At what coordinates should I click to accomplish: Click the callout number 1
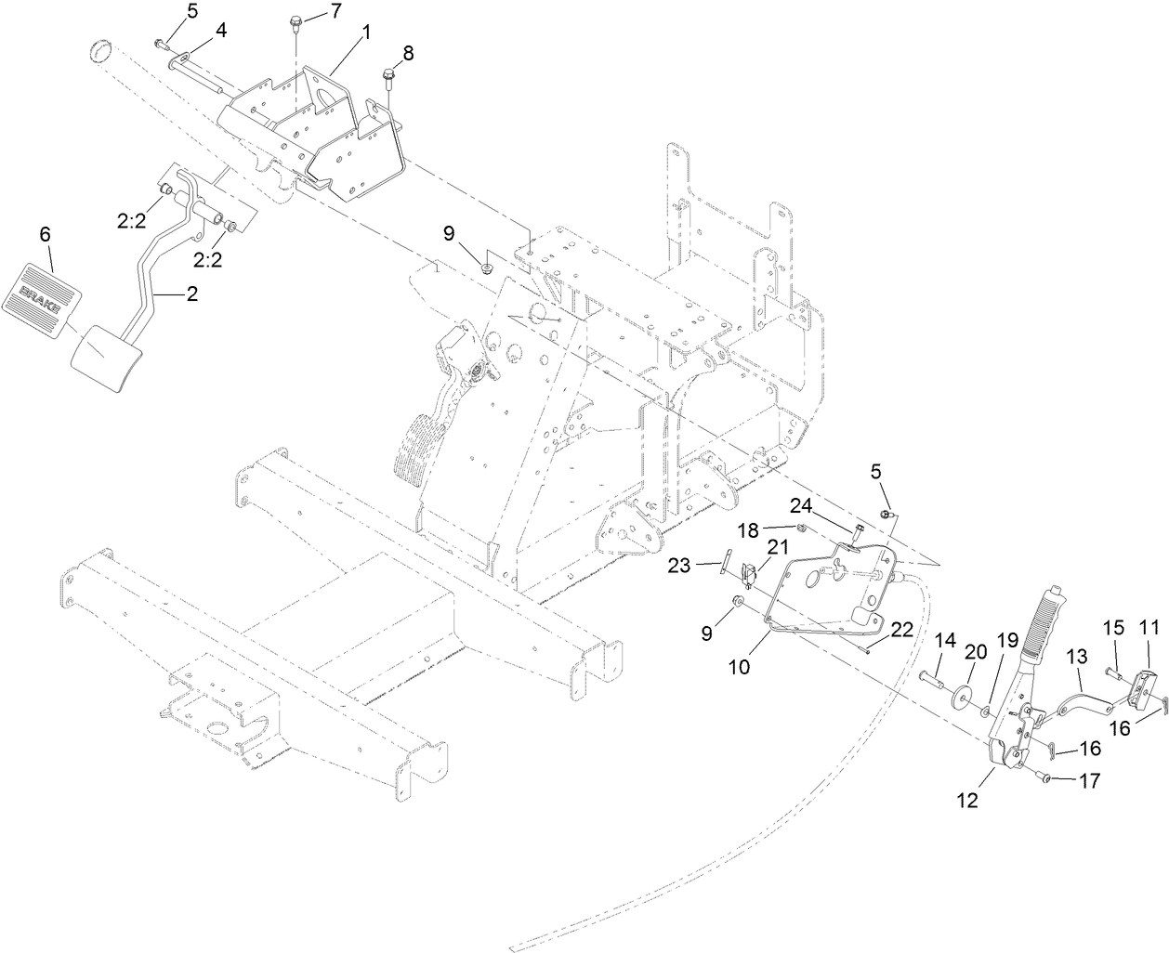365,32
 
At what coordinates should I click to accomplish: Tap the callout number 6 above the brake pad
45,235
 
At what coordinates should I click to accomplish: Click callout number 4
220,31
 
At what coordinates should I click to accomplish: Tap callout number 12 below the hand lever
967,800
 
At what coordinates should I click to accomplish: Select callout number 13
1076,657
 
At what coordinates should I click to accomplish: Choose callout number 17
1090,781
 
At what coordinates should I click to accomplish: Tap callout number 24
802,505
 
